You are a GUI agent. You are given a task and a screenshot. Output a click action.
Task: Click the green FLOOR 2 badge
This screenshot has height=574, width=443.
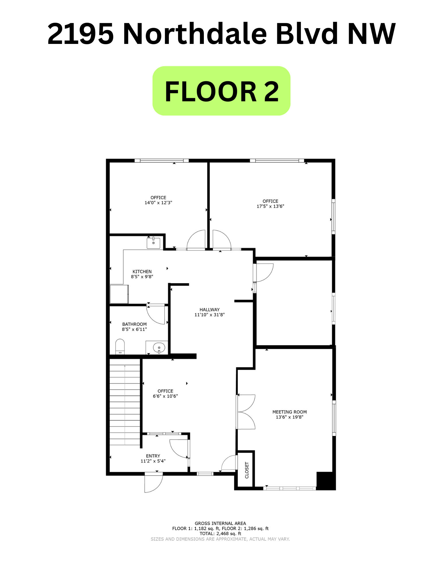[x=221, y=91]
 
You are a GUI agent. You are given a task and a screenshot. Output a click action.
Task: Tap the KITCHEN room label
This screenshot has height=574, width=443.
[x=142, y=272]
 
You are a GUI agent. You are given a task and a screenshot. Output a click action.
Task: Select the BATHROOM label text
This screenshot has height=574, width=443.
[x=134, y=324]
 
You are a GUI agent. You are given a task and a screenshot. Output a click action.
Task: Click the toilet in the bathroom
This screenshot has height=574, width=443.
[x=120, y=347]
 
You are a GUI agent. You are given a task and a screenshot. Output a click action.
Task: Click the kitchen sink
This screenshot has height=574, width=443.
[x=153, y=243]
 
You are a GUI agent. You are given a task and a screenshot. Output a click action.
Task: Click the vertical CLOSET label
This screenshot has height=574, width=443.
[x=247, y=470]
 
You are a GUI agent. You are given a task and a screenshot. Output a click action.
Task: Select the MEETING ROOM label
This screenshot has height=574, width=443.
[x=289, y=412]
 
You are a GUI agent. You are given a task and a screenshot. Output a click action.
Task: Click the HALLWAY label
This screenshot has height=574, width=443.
[x=210, y=310]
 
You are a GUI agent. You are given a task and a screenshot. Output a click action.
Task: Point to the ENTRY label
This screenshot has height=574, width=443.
[x=153, y=456]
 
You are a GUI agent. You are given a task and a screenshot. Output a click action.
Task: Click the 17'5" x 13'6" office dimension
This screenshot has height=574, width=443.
[x=270, y=206]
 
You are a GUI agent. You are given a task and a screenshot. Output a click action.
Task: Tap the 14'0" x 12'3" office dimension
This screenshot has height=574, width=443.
[x=158, y=203]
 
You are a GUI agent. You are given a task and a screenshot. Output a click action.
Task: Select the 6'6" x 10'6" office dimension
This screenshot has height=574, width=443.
[x=165, y=396]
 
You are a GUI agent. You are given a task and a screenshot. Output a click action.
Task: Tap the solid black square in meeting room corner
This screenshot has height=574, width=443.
[x=326, y=481]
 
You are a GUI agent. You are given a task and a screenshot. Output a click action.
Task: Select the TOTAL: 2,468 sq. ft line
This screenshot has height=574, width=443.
[x=220, y=534]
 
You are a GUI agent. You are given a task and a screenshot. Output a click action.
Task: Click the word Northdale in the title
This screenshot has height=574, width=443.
[x=195, y=34]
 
